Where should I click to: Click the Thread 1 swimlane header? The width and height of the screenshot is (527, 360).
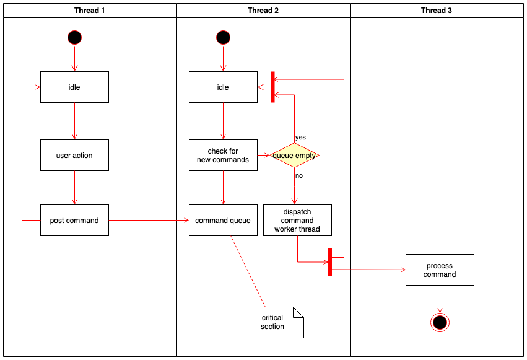(90, 11)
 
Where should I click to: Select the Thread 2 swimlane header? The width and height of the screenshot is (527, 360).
(263, 11)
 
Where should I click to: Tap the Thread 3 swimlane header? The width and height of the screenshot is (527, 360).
(437, 11)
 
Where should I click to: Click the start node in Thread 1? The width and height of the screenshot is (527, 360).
(74, 37)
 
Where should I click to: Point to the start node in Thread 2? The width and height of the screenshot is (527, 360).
(223, 37)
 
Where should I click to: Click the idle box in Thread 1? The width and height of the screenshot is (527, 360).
(74, 87)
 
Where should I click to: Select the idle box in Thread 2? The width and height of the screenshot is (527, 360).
(223, 87)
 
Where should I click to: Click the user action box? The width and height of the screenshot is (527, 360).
(74, 155)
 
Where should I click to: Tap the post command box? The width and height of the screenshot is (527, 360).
(74, 220)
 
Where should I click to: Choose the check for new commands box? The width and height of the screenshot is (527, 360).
(223, 155)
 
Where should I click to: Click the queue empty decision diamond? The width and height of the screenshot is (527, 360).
(294, 155)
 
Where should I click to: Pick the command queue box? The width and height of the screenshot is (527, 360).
(223, 220)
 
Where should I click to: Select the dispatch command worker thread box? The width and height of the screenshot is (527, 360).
(297, 220)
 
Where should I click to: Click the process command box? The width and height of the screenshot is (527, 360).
(440, 270)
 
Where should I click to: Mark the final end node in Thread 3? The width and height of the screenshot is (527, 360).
(440, 322)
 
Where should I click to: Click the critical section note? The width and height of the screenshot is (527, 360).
(272, 322)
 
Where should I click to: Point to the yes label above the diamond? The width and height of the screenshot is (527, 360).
(300, 137)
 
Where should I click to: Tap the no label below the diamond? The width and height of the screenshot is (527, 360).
(299, 175)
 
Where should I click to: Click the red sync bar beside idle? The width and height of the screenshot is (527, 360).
(272, 87)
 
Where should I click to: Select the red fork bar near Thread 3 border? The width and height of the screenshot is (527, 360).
(330, 261)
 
